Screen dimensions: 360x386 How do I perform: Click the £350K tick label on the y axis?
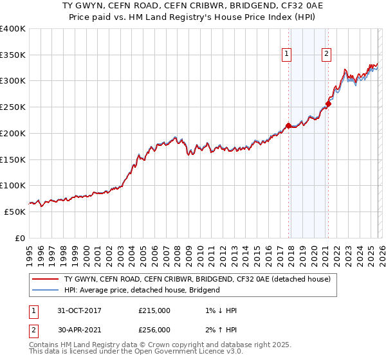click(13, 55)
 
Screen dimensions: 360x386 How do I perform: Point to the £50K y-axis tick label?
click(15, 212)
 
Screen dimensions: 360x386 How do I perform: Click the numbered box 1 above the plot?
click(286, 54)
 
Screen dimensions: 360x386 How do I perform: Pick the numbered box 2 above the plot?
click(327, 54)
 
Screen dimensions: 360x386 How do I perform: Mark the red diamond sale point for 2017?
click(288, 125)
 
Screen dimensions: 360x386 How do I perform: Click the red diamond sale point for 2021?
click(328, 104)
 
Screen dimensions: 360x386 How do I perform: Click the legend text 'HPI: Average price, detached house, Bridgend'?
click(142, 290)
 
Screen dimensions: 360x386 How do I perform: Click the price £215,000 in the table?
click(154, 310)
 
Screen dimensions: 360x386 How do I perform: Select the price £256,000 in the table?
click(154, 330)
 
